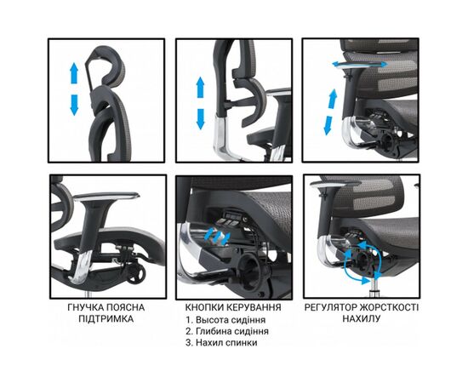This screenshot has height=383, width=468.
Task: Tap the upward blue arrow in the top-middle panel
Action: click(x=201, y=89)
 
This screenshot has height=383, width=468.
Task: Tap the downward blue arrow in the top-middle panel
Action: click(x=201, y=117)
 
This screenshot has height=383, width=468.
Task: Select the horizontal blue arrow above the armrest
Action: click(x=347, y=65)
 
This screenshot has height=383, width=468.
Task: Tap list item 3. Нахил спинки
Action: click(x=225, y=344)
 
